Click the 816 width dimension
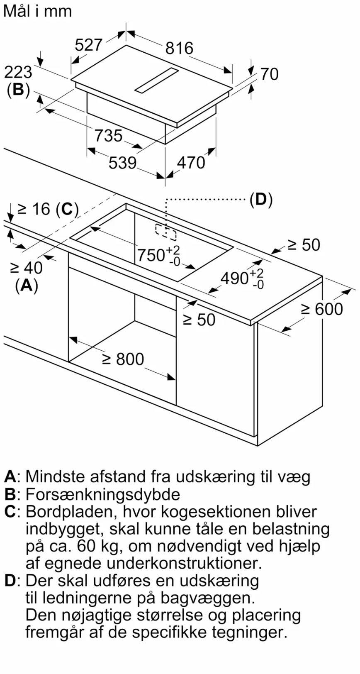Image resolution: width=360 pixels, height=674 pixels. click(179, 48)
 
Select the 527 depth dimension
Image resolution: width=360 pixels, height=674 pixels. click(88, 44)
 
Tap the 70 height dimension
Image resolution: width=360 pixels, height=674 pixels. click(269, 74)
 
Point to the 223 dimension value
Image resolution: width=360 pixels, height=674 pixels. click(18, 72)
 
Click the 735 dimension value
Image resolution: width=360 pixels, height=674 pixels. click(109, 136)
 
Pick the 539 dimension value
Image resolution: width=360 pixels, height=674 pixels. click(122, 163)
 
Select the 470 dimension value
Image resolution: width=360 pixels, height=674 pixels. click(191, 163)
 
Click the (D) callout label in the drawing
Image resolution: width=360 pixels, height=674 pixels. click(260, 200)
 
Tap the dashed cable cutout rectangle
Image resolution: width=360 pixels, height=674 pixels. click(166, 232)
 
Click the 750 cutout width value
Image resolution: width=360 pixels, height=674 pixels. click(151, 254)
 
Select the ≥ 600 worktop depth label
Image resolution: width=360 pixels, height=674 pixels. click(322, 309)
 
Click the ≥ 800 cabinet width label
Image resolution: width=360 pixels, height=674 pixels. click(123, 359)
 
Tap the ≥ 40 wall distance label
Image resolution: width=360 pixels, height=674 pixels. click(26, 268)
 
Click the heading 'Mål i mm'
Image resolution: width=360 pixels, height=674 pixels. click(37, 11)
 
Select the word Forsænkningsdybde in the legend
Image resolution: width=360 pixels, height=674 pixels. click(103, 494)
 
